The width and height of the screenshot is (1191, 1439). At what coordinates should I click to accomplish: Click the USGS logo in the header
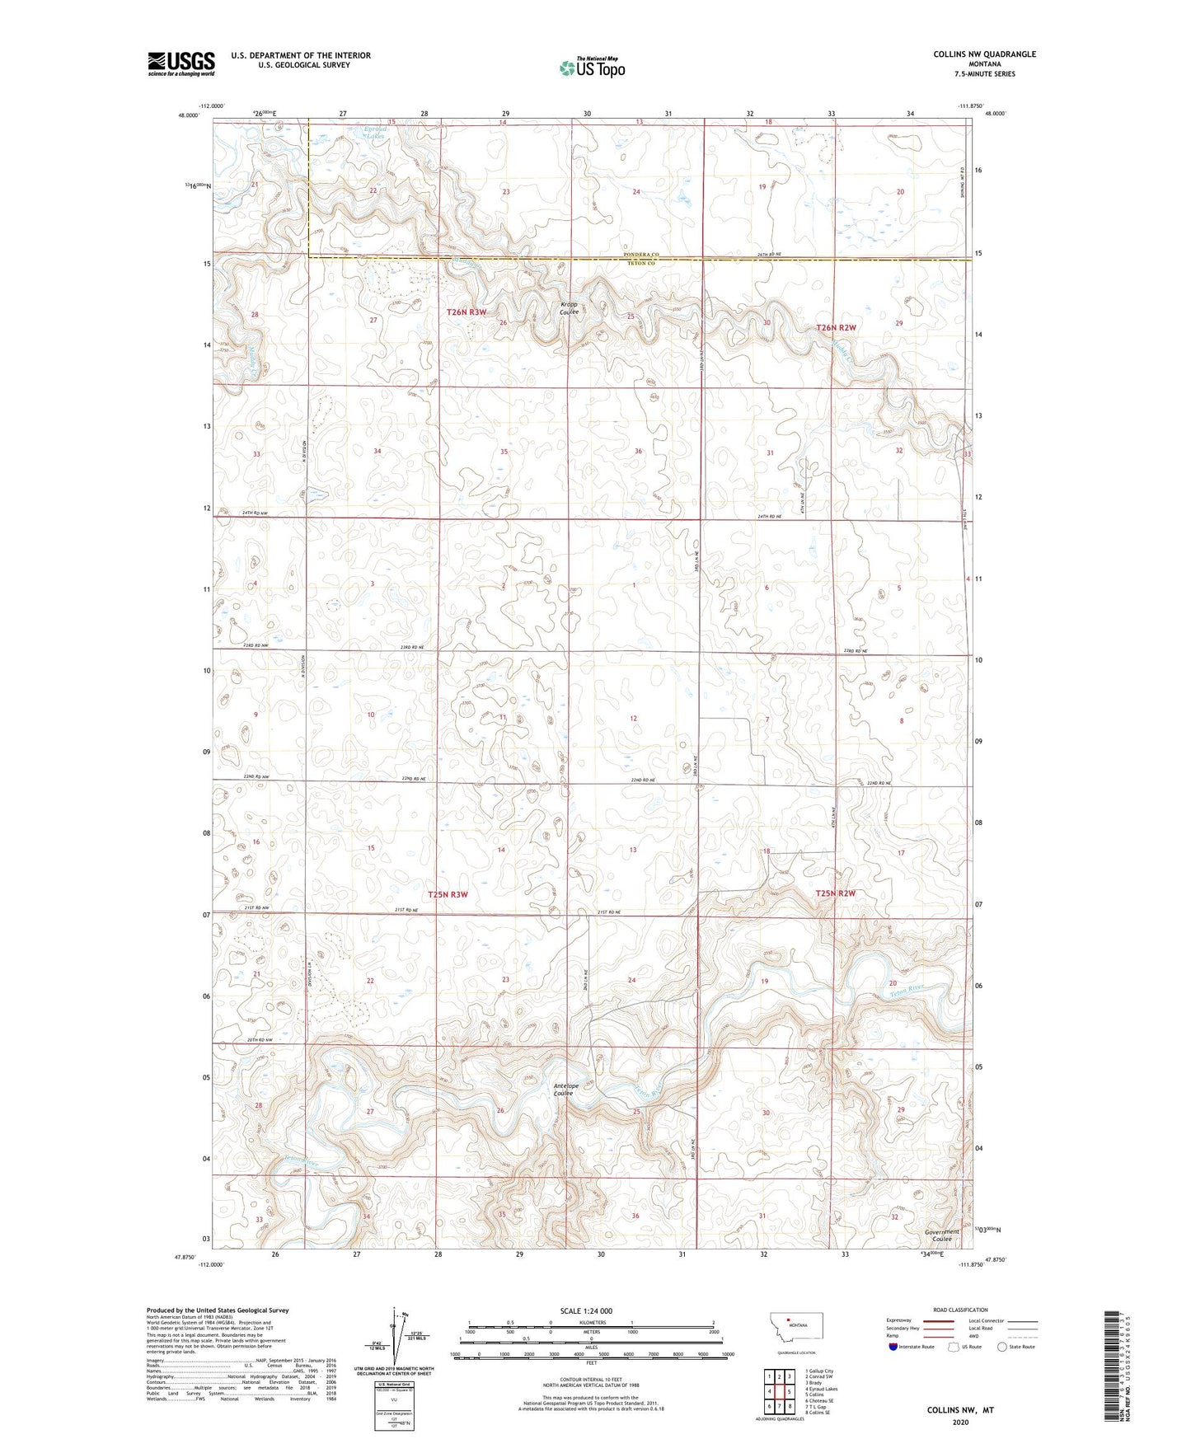pyautogui.click(x=181, y=63)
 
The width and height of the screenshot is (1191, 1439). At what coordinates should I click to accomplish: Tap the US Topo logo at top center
pyautogui.click(x=591, y=68)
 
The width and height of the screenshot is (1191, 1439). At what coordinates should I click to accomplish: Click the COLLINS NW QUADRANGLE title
pyautogui.click(x=984, y=54)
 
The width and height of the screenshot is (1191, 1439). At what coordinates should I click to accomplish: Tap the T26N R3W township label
pyautogui.click(x=467, y=312)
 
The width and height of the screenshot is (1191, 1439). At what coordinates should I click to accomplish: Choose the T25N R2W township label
pyautogui.click(x=836, y=893)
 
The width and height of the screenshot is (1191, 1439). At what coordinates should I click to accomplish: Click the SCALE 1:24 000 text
pyautogui.click(x=586, y=1310)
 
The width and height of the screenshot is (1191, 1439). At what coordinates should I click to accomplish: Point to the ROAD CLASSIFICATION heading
pyautogui.click(x=960, y=1310)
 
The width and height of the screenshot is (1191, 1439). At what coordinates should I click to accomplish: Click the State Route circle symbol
pyautogui.click(x=1002, y=1347)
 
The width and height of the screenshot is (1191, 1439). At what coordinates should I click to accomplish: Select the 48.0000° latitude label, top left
pyautogui.click(x=188, y=115)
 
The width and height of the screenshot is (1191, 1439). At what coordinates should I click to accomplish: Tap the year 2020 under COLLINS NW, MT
pyautogui.click(x=959, y=1423)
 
